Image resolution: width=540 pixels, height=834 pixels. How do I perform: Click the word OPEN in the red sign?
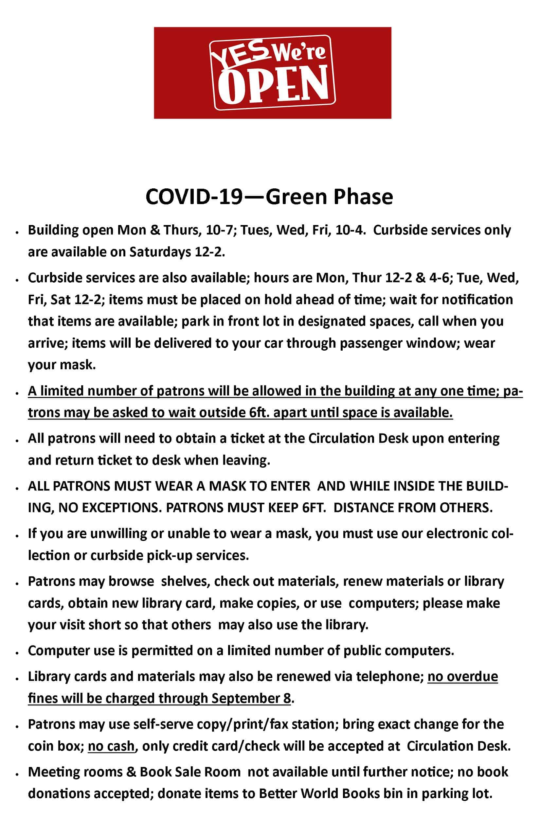click(273, 84)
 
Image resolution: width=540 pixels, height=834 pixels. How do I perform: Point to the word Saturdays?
click(160, 252)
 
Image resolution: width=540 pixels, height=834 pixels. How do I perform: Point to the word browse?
click(131, 582)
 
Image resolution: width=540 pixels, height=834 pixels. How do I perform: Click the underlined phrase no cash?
click(111, 746)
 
